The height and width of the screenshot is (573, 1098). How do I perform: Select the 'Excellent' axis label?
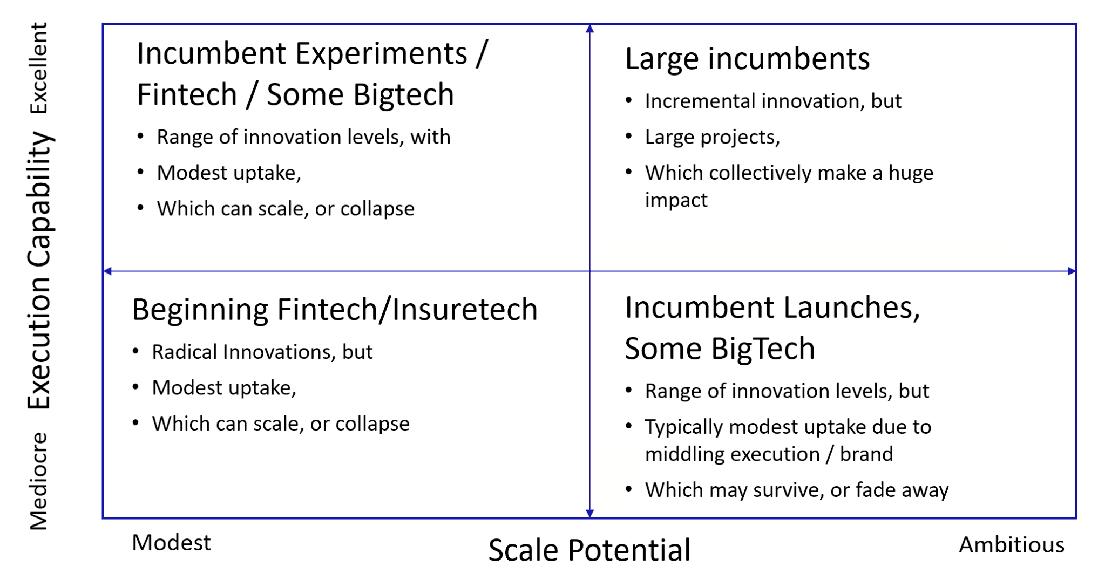click(39, 68)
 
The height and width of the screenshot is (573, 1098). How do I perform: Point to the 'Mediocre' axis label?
click(39, 481)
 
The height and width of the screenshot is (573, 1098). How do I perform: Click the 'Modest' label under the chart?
click(171, 543)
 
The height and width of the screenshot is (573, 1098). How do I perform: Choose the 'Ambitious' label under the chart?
click(1012, 545)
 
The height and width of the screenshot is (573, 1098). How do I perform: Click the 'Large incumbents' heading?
click(748, 59)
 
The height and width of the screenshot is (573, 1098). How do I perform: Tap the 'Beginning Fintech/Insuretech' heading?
click(335, 310)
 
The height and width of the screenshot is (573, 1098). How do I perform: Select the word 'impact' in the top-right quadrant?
click(676, 200)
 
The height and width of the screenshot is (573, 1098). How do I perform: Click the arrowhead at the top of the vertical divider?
click(589, 28)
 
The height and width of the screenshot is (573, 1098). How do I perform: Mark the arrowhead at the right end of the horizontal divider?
click(1072, 271)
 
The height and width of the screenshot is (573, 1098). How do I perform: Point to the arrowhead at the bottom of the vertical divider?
click(589, 513)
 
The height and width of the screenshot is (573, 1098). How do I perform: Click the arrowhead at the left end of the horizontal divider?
click(107, 271)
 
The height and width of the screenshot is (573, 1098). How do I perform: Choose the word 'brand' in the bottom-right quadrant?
click(866, 454)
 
